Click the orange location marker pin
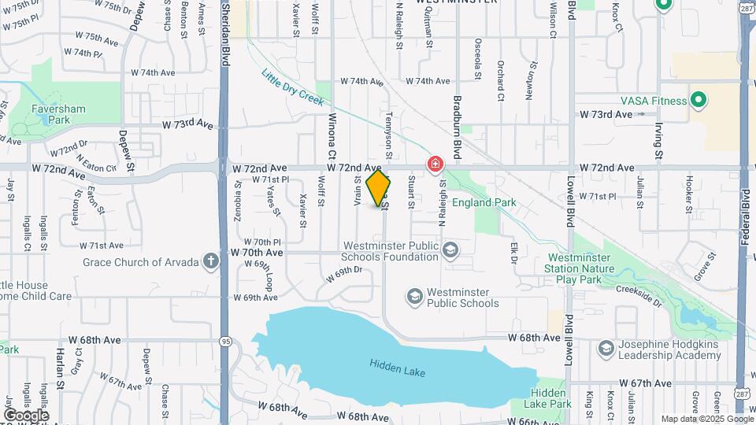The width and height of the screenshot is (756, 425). [x=379, y=188]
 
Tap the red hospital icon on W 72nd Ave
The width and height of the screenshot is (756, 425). [x=434, y=164]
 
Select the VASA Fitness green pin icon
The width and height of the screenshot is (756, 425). [x=697, y=100]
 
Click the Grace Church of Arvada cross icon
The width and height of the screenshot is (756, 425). [x=210, y=261]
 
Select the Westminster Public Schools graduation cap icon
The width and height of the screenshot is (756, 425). [x=414, y=297]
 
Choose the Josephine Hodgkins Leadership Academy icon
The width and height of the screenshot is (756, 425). [x=606, y=348]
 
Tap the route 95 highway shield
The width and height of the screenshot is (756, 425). [x=225, y=342]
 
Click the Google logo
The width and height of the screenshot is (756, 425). [x=26, y=415]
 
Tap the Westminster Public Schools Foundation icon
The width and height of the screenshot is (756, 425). [x=450, y=250]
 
